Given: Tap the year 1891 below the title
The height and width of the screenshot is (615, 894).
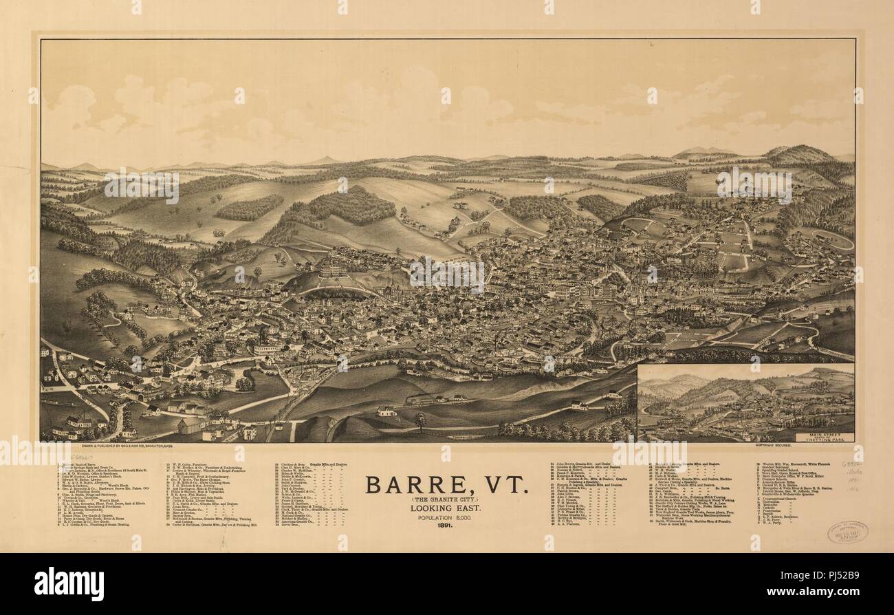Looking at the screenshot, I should click(448, 526).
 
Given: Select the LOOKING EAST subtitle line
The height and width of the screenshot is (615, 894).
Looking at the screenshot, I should click(448, 507).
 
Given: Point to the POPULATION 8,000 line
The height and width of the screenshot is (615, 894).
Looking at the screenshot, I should click(448, 517).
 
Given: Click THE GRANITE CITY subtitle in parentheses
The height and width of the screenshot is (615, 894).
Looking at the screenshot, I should click(448, 499).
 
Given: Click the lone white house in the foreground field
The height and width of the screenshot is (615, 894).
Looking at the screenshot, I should click(386, 411).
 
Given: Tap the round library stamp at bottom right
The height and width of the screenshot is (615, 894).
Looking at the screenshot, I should click(846, 532).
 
